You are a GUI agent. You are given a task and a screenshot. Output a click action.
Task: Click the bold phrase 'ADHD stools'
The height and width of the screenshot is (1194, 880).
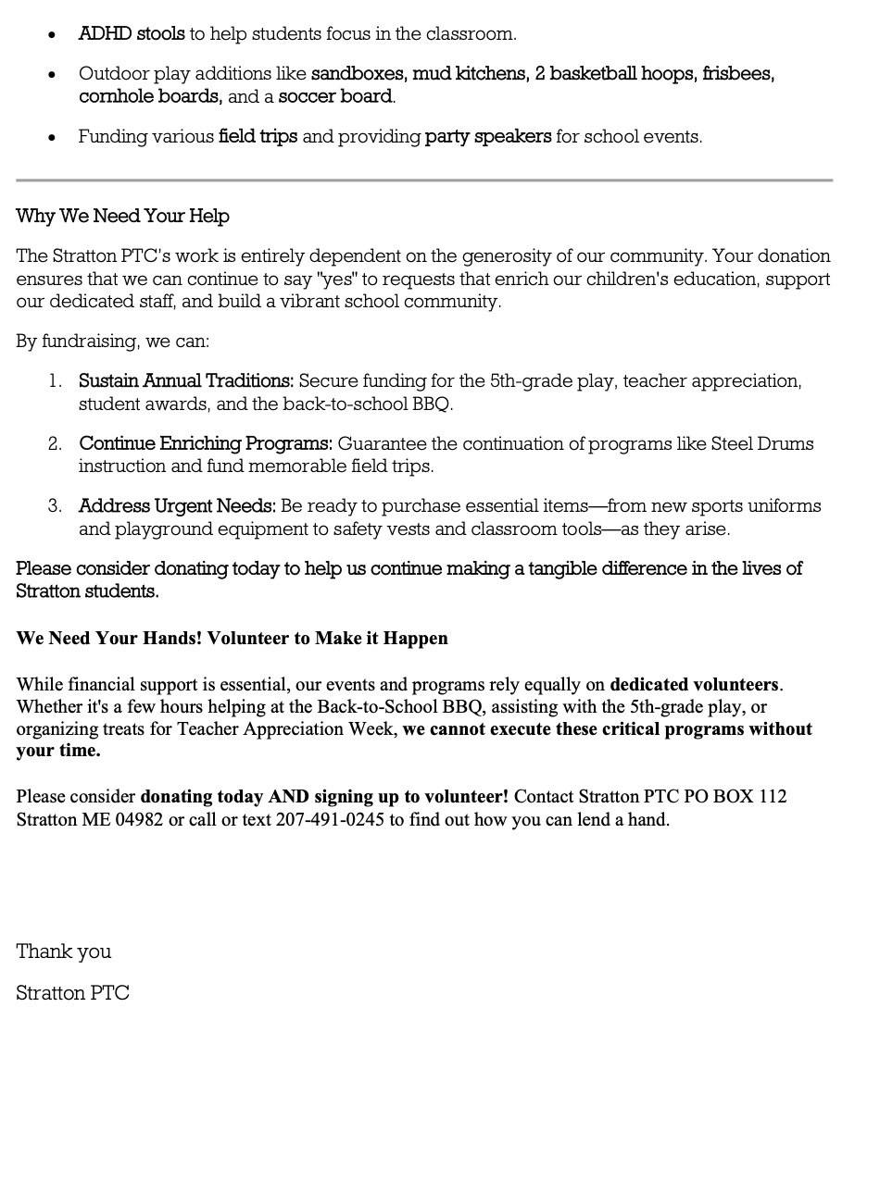point(132,34)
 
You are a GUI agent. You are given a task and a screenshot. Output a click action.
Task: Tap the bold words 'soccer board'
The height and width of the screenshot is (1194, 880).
point(335,96)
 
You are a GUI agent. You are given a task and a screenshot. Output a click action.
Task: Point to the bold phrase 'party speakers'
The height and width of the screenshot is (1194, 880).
point(488,137)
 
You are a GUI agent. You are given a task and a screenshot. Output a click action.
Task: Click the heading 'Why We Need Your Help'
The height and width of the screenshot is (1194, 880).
point(122,217)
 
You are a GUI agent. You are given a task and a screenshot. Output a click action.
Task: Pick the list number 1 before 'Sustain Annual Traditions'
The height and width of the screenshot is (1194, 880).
point(56,381)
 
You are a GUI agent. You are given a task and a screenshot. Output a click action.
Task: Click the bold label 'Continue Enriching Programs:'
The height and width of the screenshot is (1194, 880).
point(206,444)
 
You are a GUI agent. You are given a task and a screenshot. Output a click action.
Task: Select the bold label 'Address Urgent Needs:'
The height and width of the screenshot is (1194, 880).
point(177,506)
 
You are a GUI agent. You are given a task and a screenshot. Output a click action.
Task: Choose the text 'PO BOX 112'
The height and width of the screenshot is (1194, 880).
point(735,797)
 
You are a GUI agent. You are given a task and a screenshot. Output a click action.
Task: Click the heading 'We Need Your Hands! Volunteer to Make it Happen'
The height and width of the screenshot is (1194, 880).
point(232,639)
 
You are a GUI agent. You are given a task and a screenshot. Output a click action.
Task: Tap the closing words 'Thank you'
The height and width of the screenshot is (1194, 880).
point(64,951)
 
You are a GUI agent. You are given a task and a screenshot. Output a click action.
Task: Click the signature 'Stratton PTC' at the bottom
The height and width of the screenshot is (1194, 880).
point(72,993)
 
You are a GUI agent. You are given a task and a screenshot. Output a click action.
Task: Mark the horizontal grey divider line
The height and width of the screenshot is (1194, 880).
point(424,180)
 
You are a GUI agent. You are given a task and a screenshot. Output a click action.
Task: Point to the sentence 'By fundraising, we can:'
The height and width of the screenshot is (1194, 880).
point(113,342)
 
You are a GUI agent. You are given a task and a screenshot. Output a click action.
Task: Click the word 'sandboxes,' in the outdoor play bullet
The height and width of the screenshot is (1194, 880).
point(358,74)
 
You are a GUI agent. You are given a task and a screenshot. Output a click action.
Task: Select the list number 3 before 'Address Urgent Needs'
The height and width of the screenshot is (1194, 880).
point(56,506)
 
